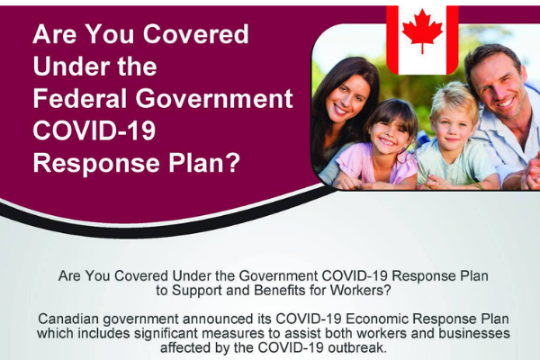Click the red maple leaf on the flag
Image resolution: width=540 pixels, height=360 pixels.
(x=422, y=31)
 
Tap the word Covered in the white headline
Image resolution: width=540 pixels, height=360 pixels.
(x=195, y=34)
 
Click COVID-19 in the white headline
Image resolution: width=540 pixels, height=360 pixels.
(x=94, y=130)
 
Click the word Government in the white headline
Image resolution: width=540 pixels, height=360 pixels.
(x=214, y=98)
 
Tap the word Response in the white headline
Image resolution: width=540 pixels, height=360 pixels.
(x=96, y=163)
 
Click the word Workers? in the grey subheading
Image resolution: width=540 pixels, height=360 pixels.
(x=361, y=291)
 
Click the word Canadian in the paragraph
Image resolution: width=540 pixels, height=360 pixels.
(x=68, y=319)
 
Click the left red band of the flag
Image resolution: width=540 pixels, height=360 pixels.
(x=392, y=40)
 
